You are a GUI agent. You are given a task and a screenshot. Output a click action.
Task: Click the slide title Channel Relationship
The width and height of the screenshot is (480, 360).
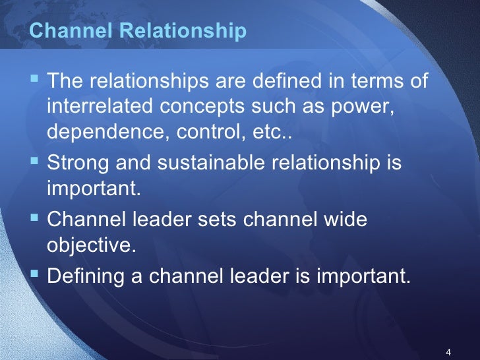(x=138, y=31)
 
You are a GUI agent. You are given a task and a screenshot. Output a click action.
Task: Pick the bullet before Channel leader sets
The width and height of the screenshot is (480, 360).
(x=36, y=218)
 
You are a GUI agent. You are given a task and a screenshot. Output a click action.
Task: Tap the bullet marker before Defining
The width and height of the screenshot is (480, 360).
(x=36, y=275)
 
